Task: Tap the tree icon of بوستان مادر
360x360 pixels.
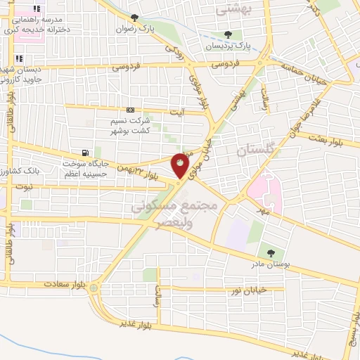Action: click(270, 252)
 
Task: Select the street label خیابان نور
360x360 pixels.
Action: click(250, 290)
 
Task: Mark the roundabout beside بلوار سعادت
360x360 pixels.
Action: click(94, 287)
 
